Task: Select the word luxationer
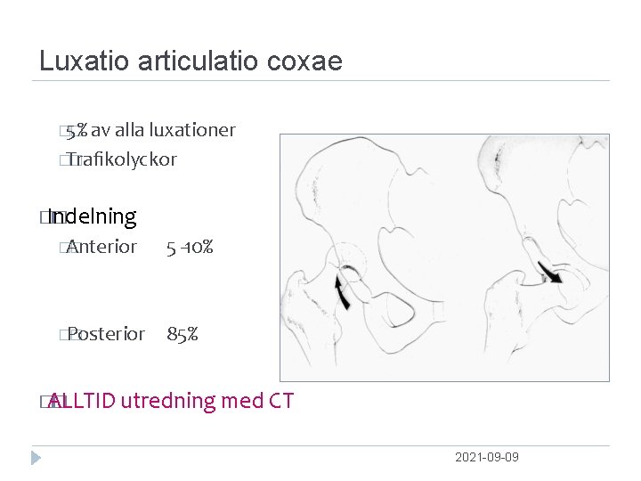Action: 192,130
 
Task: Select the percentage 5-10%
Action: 190,247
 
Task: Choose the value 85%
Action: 183,334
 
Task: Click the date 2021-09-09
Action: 486,457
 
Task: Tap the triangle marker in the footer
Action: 36,458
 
